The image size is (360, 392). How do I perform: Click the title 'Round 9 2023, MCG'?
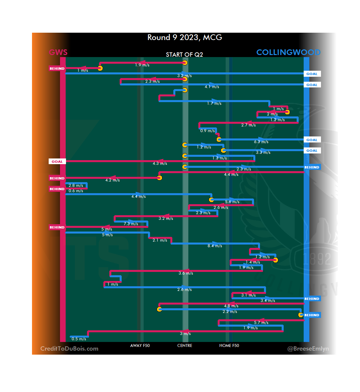coord(185,37)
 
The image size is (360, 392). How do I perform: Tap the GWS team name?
coord(58,52)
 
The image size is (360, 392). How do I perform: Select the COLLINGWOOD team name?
coord(288,52)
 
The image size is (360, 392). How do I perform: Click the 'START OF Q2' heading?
coord(184,55)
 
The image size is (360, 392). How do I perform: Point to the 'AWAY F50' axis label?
coord(140,346)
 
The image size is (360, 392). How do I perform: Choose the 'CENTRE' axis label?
coord(185,346)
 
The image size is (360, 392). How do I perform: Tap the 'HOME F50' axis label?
coord(229,346)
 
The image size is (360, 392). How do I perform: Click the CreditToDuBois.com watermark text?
coord(69,349)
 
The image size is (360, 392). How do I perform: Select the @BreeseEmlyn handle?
coord(308,349)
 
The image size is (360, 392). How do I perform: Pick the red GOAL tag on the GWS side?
coord(57,161)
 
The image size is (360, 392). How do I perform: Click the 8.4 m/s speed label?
coord(215,246)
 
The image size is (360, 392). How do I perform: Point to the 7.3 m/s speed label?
coord(131,224)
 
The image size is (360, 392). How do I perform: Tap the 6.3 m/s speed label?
coord(261,142)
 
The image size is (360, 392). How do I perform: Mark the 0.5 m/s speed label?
coord(79,339)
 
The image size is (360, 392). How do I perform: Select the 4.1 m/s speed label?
coord(212,87)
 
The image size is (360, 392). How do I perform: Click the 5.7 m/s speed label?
coord(261,323)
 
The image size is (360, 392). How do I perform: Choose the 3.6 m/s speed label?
coord(186,273)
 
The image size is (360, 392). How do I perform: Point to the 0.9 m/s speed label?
coord(207,131)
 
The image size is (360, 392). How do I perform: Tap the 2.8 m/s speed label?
coord(76,185)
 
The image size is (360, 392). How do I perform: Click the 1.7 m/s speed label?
coord(214,103)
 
